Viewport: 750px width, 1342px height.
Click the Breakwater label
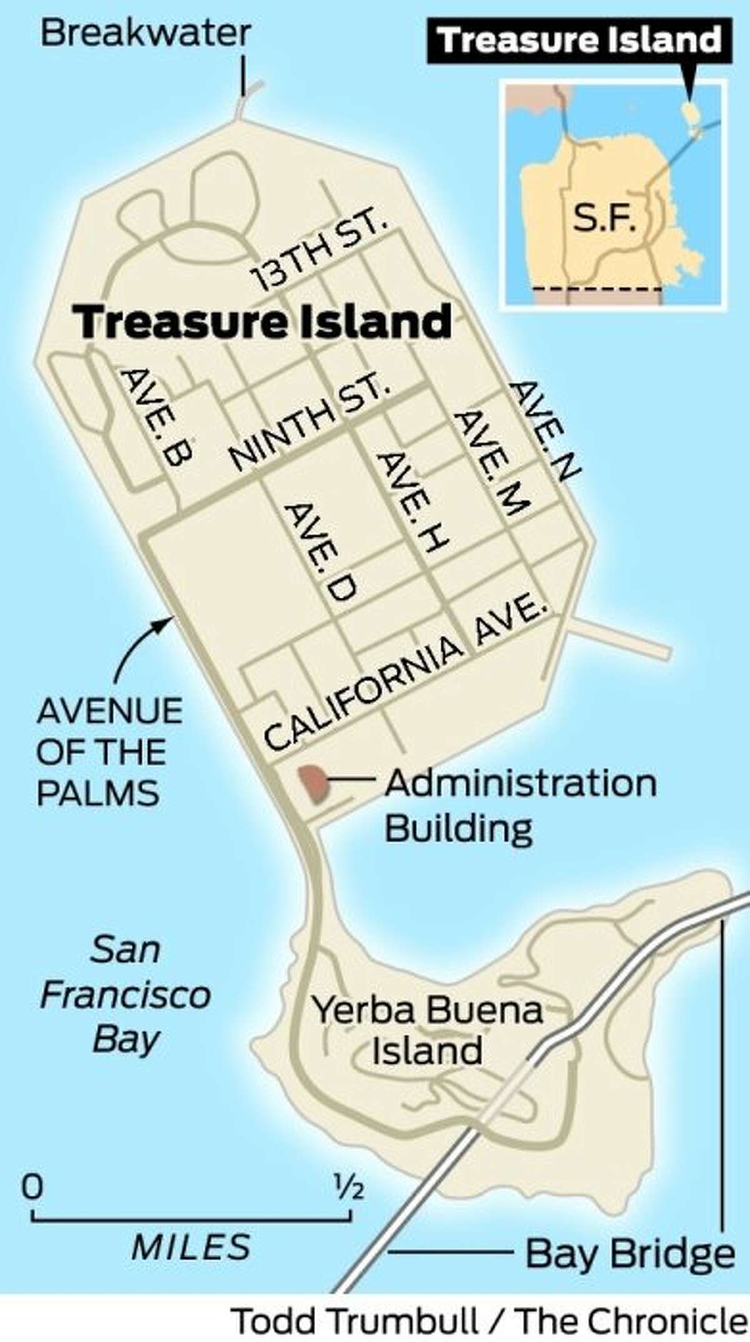click(146, 33)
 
